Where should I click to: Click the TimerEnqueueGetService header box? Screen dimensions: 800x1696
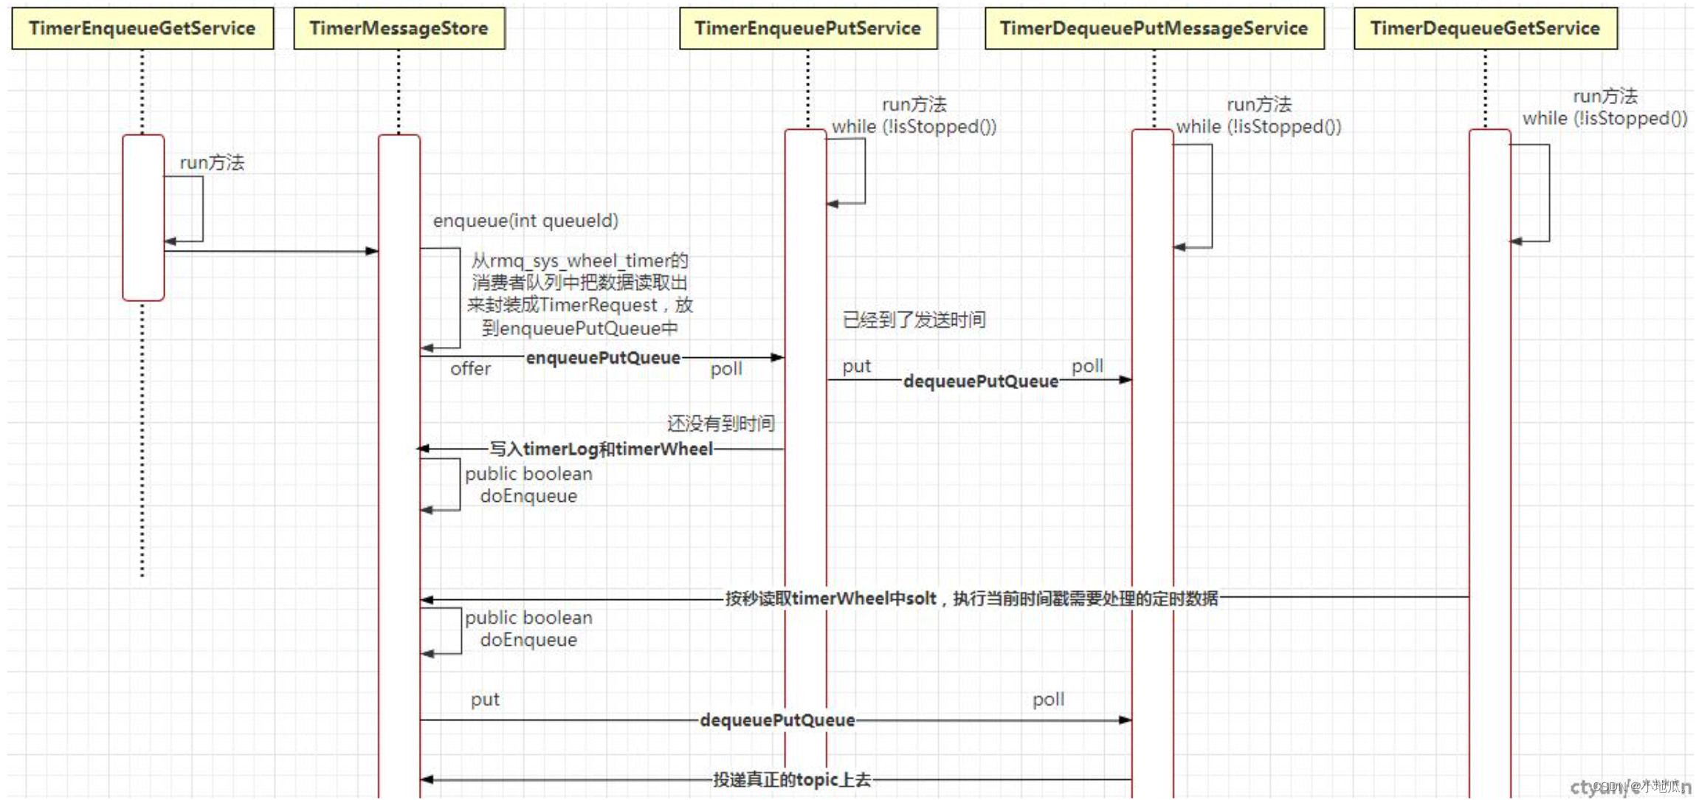tap(142, 29)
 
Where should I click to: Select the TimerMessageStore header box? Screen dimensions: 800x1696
tap(399, 29)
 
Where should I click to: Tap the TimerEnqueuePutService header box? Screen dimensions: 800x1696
tap(807, 29)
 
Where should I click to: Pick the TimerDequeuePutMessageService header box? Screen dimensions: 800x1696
tap(1154, 29)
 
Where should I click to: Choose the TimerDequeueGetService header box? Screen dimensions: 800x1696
tap(1485, 29)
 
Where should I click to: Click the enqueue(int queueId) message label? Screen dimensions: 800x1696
tap(525, 221)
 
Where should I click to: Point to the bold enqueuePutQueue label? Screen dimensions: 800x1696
tap(603, 358)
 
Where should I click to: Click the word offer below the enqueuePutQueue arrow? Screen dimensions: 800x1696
tap(470, 369)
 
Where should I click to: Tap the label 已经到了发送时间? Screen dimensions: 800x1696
tap(914, 320)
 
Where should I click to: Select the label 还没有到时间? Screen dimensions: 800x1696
tap(720, 424)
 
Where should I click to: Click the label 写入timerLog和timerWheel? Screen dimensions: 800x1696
tap(601, 449)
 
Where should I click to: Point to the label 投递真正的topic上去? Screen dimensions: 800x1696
tap(791, 779)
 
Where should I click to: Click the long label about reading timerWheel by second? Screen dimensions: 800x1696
tap(971, 598)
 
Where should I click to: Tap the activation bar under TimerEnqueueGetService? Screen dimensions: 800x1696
tap(143, 218)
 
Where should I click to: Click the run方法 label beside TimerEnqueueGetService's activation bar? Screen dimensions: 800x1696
tap(212, 162)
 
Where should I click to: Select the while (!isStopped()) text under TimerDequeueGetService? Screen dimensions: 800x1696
tap(1604, 119)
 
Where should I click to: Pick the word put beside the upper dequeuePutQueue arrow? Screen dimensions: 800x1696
tap(856, 366)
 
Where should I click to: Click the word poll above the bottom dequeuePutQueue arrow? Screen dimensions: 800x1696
tap(1048, 699)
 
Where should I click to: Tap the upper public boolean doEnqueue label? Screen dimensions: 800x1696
tap(528, 485)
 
